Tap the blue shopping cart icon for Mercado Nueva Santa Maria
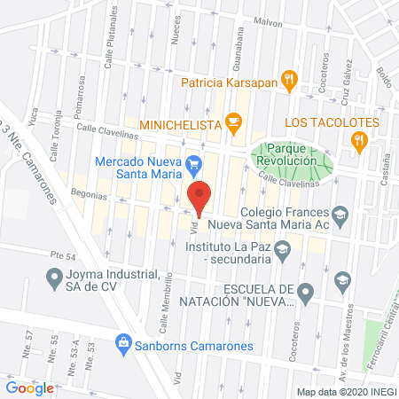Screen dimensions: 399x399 [x=194, y=163]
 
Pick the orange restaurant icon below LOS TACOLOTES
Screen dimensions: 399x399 [x=358, y=139]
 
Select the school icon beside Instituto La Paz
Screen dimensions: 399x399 [x=281, y=252]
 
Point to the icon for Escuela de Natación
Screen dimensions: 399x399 [x=306, y=290]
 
